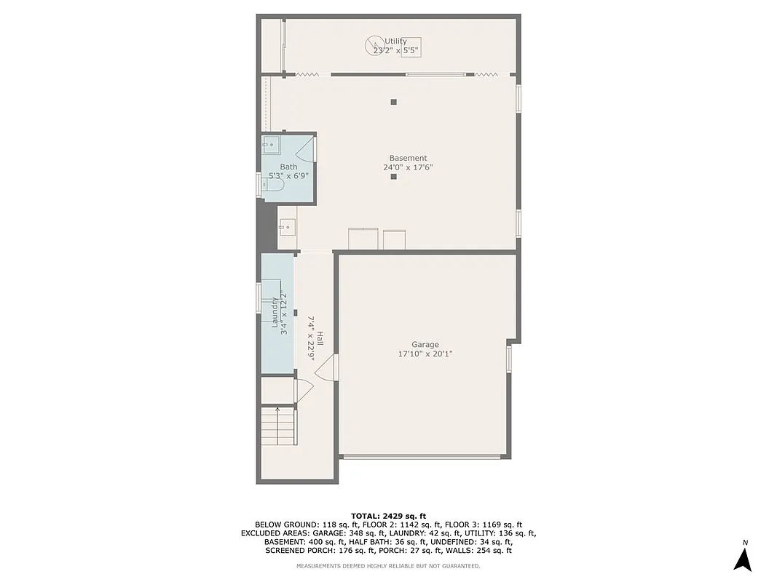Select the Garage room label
coord(425,345)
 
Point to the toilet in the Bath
coord(272,186)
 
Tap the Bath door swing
coord(307,149)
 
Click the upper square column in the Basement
coord(393,102)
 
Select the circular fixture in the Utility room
coord(372,46)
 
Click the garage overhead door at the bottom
coord(422,457)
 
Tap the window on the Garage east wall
coord(509,358)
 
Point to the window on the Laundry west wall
coord(259,298)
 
